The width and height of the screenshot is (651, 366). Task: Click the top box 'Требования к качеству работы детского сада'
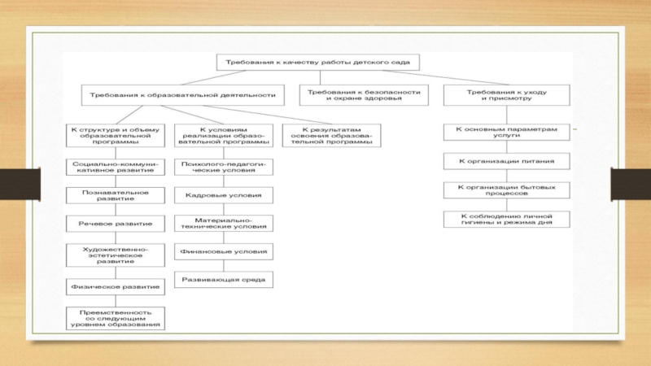(318, 62)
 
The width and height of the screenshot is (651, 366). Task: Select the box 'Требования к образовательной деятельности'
(183, 95)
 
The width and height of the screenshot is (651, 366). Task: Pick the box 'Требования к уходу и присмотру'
(506, 95)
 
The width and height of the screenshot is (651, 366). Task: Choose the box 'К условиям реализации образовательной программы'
(224, 135)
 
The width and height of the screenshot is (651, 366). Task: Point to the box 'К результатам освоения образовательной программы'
(330, 135)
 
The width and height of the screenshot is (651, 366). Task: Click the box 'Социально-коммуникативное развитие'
(115, 167)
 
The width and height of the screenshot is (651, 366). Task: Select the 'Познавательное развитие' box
(115, 196)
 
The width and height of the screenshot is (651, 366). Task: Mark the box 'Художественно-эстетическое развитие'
(115, 255)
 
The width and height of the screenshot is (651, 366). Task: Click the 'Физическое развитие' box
(115, 287)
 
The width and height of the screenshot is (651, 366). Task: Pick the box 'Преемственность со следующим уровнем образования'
(115, 318)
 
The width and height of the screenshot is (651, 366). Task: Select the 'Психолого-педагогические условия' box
(224, 167)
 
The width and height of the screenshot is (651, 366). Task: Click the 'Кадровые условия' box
(224, 195)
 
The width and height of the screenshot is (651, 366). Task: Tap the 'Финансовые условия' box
(224, 252)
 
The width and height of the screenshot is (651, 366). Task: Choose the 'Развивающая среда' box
(224, 280)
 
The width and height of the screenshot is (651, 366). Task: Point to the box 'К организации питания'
(506, 161)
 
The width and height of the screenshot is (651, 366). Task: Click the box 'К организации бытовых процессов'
(506, 190)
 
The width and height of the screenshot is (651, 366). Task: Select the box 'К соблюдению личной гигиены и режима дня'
(506, 219)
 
